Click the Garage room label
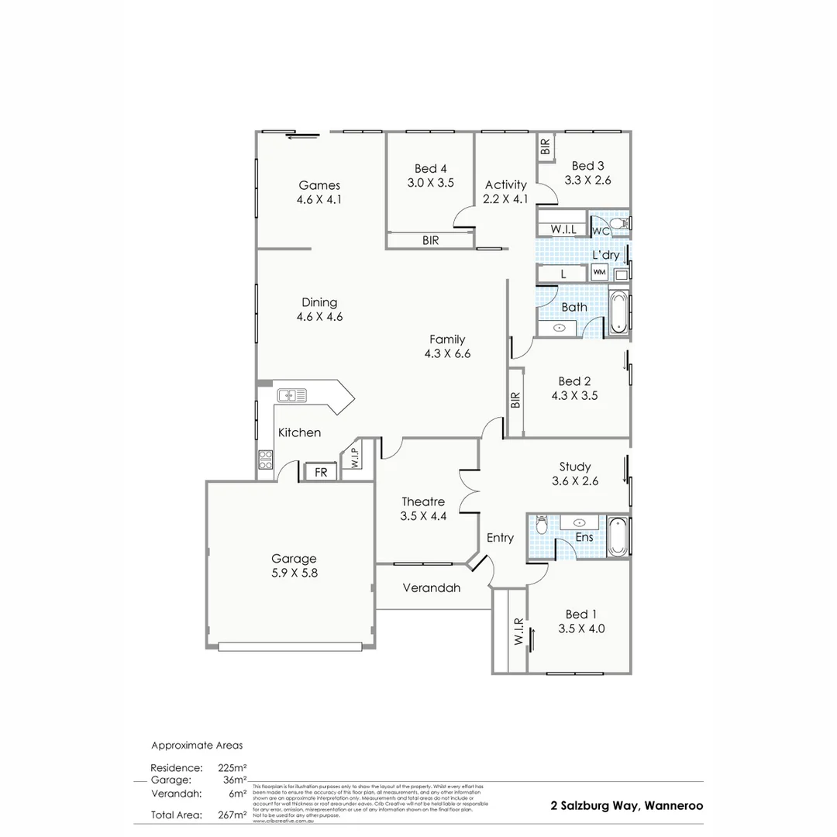pyautogui.click(x=294, y=558)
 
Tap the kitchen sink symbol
pyautogui.click(x=292, y=395)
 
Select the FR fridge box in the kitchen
pyautogui.click(x=320, y=472)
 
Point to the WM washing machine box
pyautogui.click(x=599, y=273)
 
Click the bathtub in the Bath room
pyautogui.click(x=618, y=312)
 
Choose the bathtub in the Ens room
pyautogui.click(x=618, y=536)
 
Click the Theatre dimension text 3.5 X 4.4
pyautogui.click(x=423, y=515)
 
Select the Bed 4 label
pyautogui.click(x=430, y=168)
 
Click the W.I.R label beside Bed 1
pyautogui.click(x=518, y=632)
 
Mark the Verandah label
pyautogui.click(x=431, y=587)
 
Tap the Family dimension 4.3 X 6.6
pyautogui.click(x=447, y=353)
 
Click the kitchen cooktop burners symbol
pyautogui.click(x=265, y=460)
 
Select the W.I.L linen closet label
pyautogui.click(x=563, y=230)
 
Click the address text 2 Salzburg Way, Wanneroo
pyautogui.click(x=627, y=805)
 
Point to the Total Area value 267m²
pyautogui.click(x=232, y=815)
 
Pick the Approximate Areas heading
pyautogui.click(x=197, y=746)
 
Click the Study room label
pyautogui.click(x=575, y=467)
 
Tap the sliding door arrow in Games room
pyautogui.click(x=302, y=137)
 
